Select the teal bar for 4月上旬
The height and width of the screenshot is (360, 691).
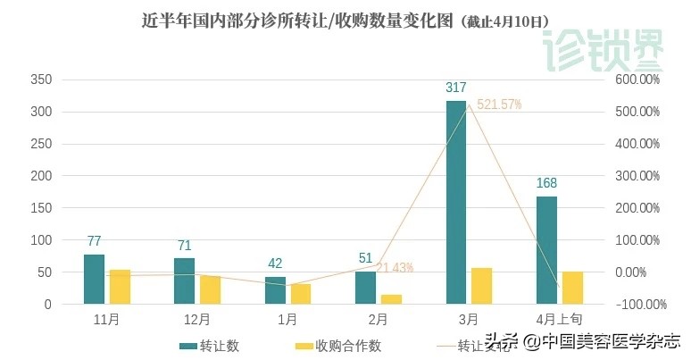click(x=546, y=250)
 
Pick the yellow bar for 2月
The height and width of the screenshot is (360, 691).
click(x=391, y=299)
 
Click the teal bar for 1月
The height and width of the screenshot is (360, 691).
click(x=275, y=290)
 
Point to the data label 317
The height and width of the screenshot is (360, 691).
click(x=456, y=88)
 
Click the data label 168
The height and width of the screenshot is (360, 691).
click(x=546, y=183)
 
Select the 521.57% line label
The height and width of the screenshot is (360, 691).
click(x=499, y=105)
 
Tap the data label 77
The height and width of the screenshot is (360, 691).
click(x=94, y=241)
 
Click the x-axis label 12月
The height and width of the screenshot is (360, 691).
click(x=196, y=319)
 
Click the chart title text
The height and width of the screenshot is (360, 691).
click(x=345, y=20)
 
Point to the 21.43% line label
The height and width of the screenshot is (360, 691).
click(x=395, y=267)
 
